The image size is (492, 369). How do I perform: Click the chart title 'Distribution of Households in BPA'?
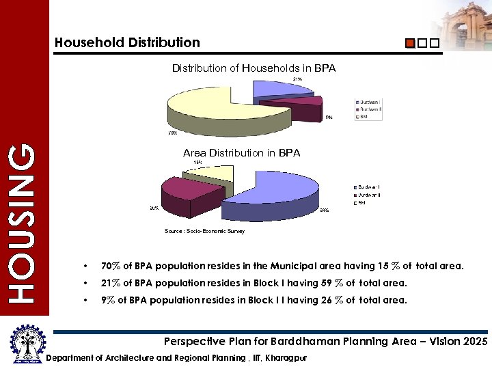click(254, 68)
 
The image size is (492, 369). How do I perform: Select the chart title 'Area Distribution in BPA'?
click(241, 153)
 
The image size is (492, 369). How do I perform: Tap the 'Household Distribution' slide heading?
click(127, 42)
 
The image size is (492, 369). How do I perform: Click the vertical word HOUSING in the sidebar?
click(24, 222)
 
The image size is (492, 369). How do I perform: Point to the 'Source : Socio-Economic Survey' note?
click(204, 231)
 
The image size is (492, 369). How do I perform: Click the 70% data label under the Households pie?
click(173, 133)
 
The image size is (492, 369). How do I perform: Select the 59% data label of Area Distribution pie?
click(324, 210)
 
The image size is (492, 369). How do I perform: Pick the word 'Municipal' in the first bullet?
click(292, 266)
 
